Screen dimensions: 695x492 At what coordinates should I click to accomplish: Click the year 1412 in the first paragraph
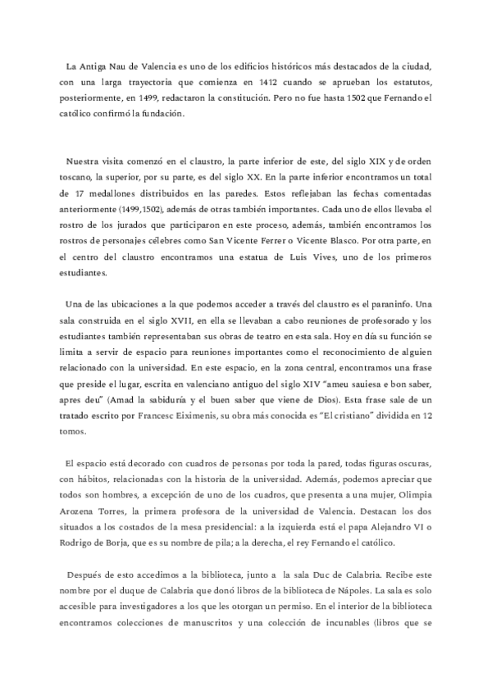(x=257, y=81)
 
